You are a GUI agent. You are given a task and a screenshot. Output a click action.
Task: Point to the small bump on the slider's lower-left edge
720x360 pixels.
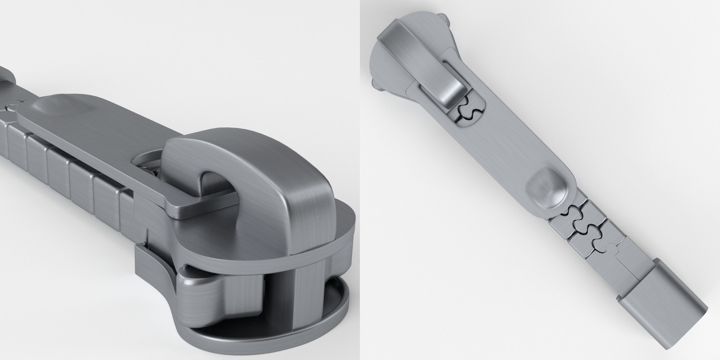[x=376, y=85]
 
